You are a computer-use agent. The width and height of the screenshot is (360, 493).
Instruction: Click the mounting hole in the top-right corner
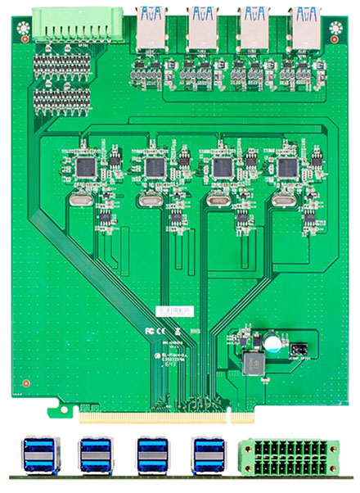click(x=335, y=29)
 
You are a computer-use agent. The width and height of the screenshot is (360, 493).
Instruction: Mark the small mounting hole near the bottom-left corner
click(x=27, y=382)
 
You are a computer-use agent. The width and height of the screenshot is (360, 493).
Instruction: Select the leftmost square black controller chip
click(x=85, y=167)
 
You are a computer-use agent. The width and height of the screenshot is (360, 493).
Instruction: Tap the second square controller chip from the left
click(x=153, y=168)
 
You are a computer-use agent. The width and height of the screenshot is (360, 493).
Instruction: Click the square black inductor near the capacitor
click(x=254, y=360)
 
